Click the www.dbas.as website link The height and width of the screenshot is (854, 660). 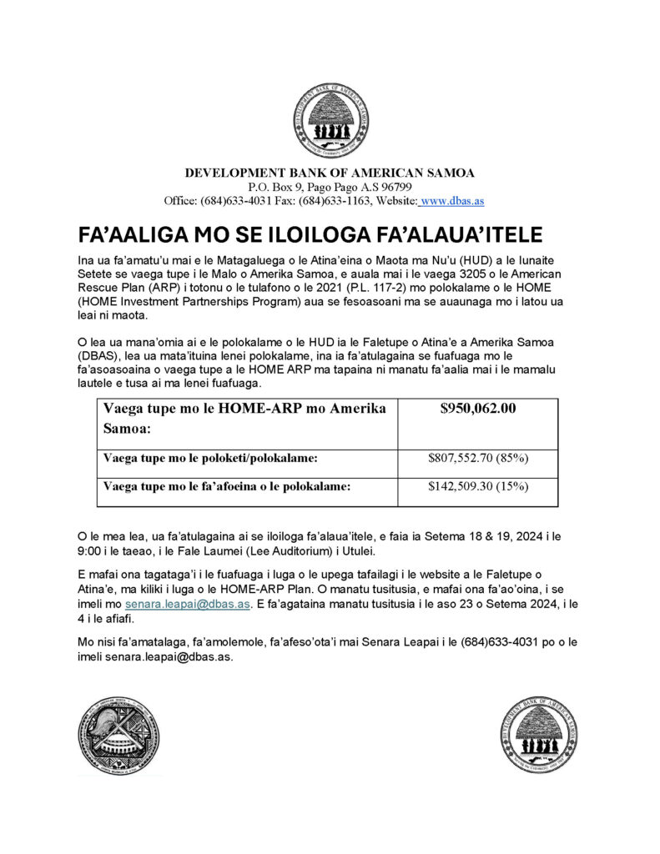coord(451,201)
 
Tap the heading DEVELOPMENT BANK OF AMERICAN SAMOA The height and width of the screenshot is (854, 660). coord(330,173)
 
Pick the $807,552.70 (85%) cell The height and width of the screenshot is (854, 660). coord(477,458)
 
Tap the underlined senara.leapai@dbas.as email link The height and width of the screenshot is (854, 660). coord(187,605)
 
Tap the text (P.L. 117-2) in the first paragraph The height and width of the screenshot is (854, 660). coord(352,289)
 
